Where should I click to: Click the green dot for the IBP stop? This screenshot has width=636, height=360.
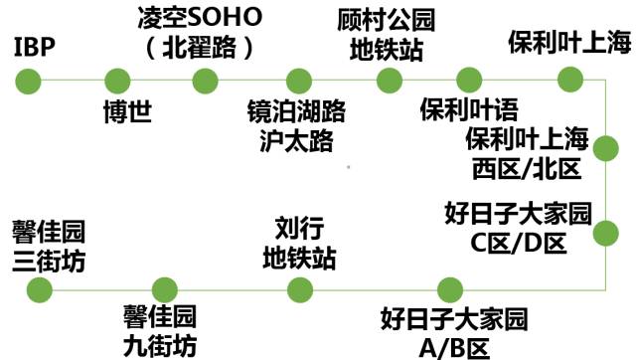pyautogui.click(x=30, y=80)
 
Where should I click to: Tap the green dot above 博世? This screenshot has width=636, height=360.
pyautogui.click(x=117, y=80)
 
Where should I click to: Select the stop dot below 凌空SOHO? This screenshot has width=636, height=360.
pyautogui.click(x=205, y=80)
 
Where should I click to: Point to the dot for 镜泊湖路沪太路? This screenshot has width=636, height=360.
pyautogui.click(x=298, y=80)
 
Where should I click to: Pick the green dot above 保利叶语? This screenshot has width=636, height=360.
pyautogui.click(x=468, y=80)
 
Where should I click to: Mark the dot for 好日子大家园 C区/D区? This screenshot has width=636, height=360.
pyautogui.click(x=605, y=234)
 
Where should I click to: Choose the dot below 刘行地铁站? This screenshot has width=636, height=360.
pyautogui.click(x=298, y=289)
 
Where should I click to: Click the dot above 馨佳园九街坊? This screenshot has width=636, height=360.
pyautogui.click(x=159, y=289)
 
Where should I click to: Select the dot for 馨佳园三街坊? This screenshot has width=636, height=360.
pyautogui.click(x=39, y=289)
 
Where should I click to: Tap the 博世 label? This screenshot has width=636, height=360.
pyautogui.click(x=127, y=110)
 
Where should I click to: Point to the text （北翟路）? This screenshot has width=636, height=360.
pyautogui.click(x=204, y=48)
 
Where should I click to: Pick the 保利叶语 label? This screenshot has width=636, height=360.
pyautogui.click(x=468, y=108)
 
